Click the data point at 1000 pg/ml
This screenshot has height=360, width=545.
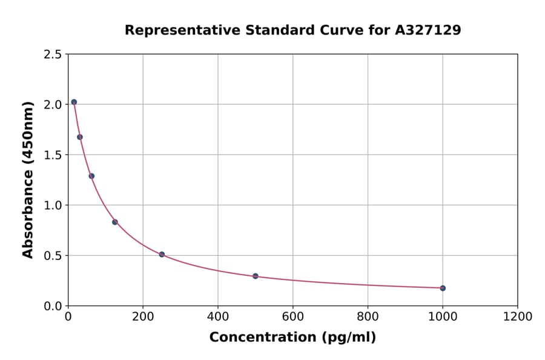(443, 288)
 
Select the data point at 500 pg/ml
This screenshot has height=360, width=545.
(256, 276)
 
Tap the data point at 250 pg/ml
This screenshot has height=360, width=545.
(162, 255)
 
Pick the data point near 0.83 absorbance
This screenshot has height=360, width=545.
(115, 222)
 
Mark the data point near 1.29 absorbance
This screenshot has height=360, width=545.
(91, 176)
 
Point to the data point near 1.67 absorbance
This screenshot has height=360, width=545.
(80, 137)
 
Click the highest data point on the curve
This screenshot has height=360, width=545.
(74, 102)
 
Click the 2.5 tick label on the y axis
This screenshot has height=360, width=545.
(53, 55)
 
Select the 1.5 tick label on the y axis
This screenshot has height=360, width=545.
(53, 155)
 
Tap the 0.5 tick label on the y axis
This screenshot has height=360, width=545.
(53, 256)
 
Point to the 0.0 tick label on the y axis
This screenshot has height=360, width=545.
(53, 306)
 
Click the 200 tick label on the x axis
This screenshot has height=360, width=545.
(143, 316)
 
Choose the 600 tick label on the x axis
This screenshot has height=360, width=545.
(293, 316)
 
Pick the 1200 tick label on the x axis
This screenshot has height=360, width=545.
(518, 316)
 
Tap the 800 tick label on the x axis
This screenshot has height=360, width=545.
(368, 316)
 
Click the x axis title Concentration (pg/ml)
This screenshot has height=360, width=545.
(292, 338)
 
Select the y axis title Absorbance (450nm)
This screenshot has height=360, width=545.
(28, 179)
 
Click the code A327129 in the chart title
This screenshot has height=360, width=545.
(428, 30)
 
